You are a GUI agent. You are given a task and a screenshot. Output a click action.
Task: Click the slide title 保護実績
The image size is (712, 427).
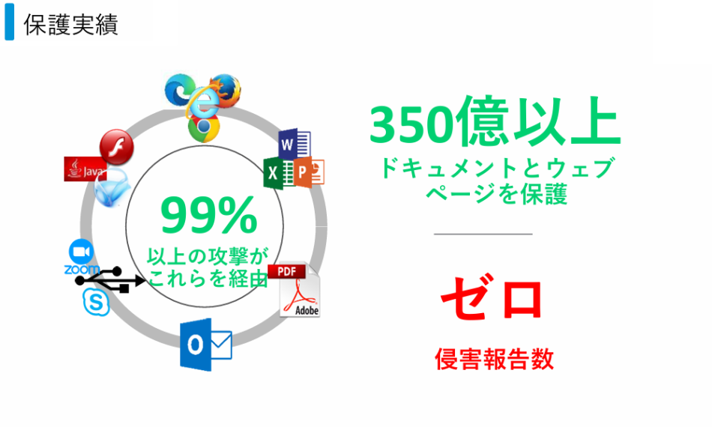pyautogui.click(x=70, y=25)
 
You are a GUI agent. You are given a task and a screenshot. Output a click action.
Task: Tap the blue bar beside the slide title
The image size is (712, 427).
pyautogui.click(x=9, y=24)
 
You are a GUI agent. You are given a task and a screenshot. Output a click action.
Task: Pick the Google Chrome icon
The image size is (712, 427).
pyautogui.click(x=203, y=128)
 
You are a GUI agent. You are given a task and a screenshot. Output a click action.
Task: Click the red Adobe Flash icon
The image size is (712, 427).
pyautogui.click(x=116, y=145)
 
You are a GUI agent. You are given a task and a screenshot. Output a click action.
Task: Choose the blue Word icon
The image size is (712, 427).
pyautogui.click(x=290, y=142)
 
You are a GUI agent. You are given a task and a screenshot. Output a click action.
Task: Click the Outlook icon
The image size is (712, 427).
pyautogui.click(x=205, y=344)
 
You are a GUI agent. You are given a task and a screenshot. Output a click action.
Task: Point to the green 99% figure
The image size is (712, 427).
pyautogui.click(x=208, y=216)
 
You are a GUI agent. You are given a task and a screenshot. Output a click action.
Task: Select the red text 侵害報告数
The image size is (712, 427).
pyautogui.click(x=494, y=359)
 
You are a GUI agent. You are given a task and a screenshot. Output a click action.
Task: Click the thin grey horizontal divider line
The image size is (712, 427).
pyautogui.click(x=483, y=234)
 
